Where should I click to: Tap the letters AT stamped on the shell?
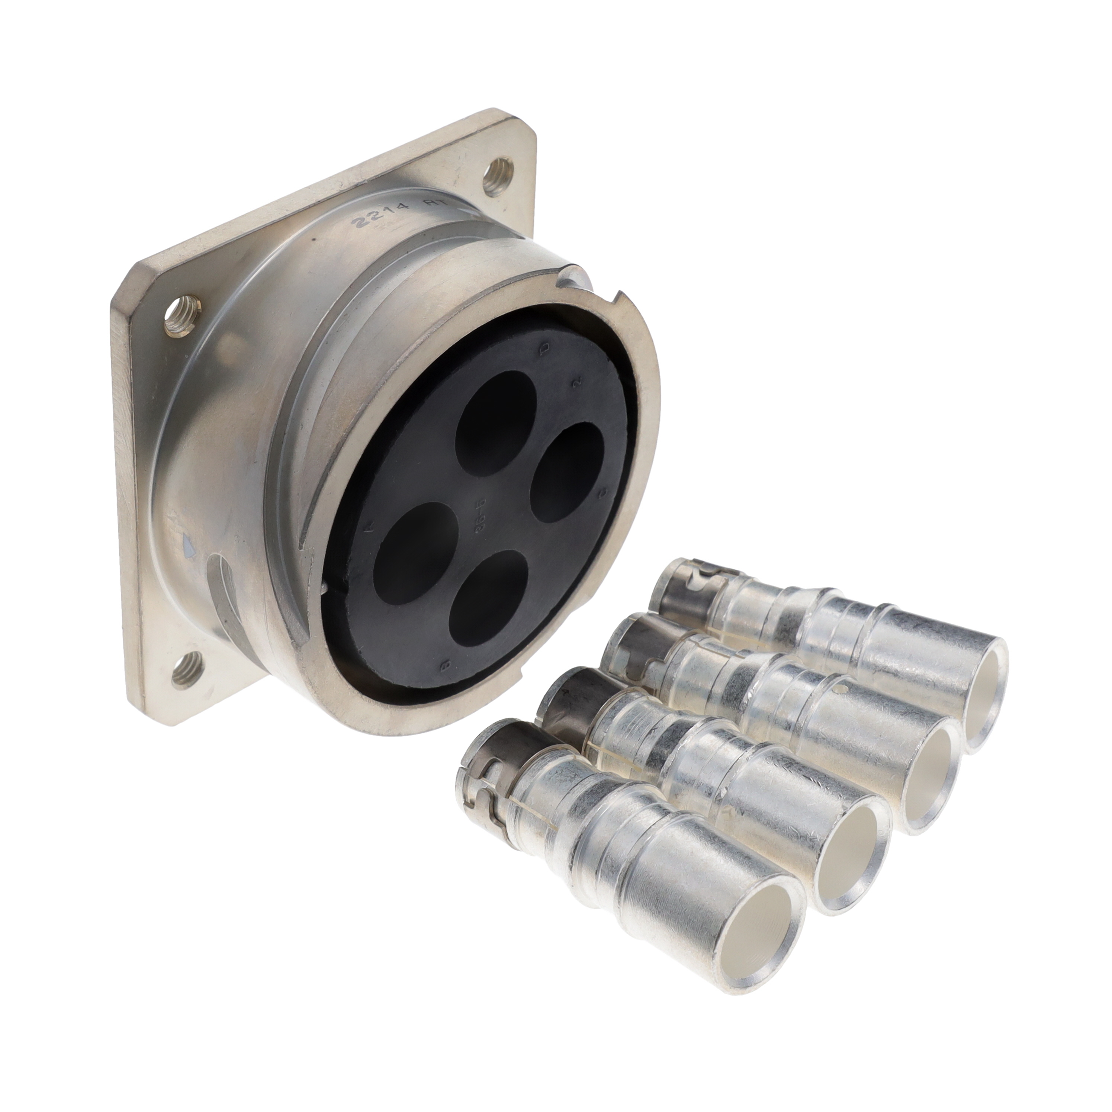[437, 204]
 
